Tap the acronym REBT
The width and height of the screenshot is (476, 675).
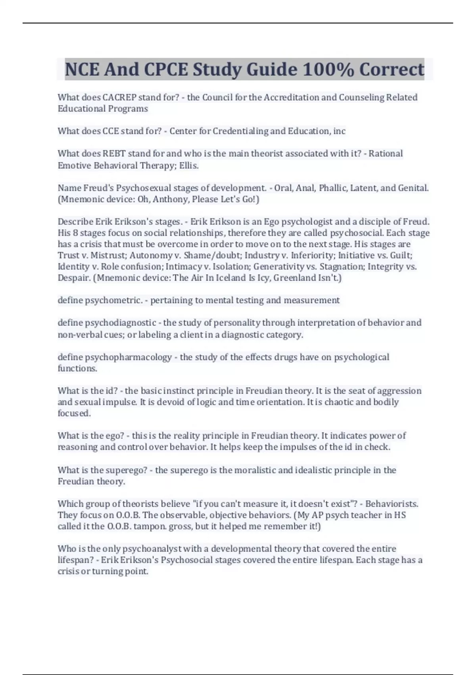coord(114,154)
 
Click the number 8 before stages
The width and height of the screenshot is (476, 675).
coord(75,233)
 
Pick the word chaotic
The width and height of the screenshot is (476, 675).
coord(339,402)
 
